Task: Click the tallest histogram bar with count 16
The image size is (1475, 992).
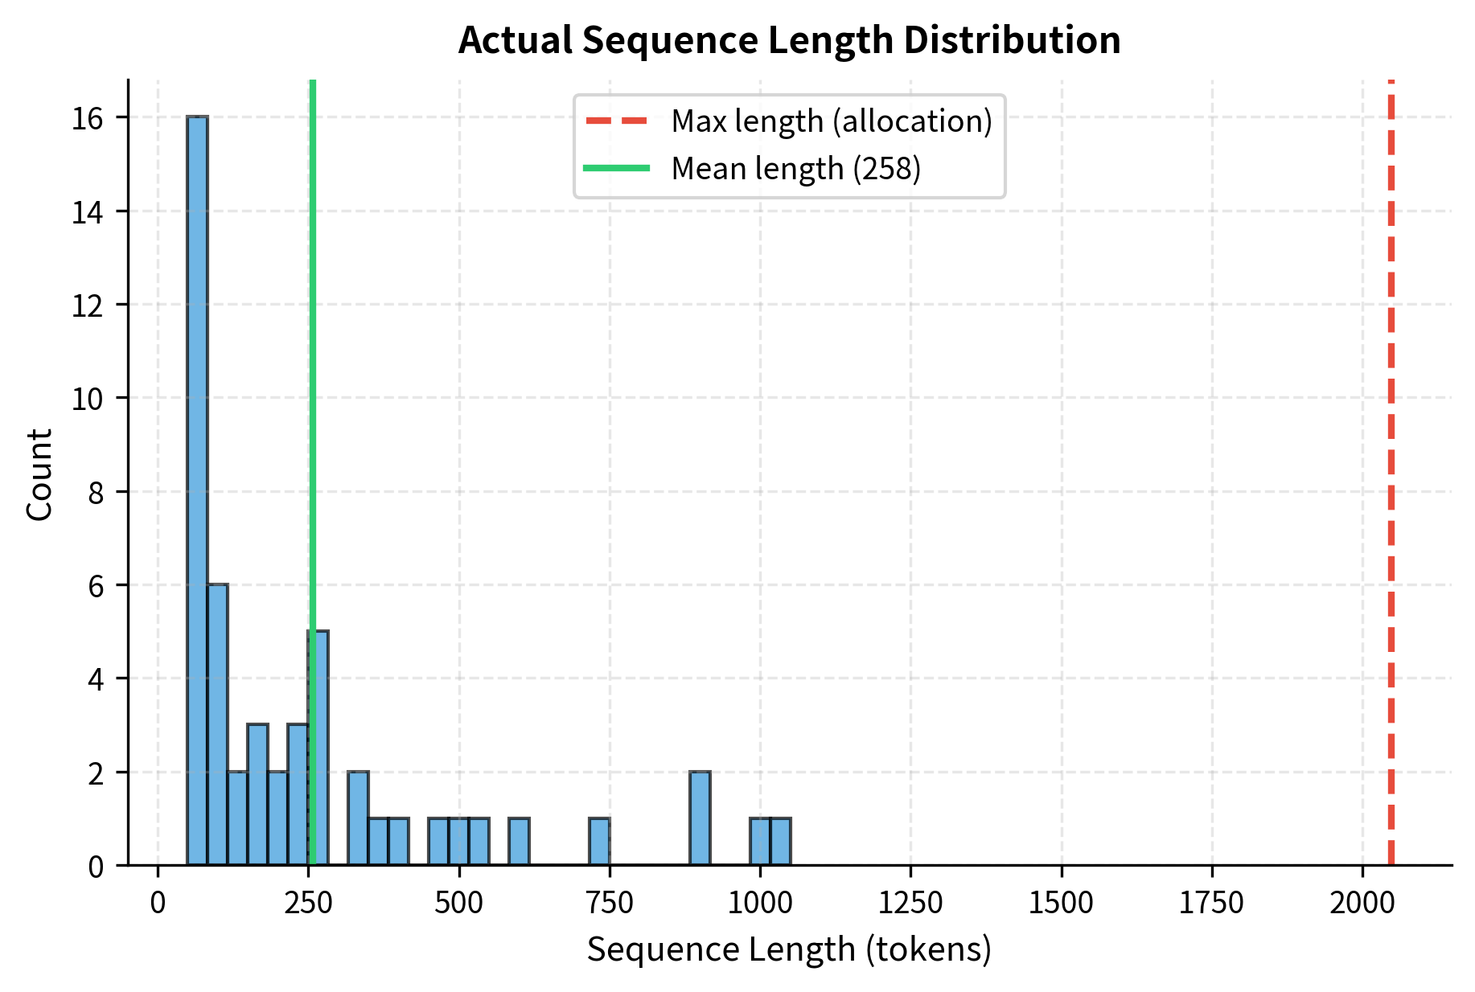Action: coord(197,490)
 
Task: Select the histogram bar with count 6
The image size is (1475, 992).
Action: coord(217,724)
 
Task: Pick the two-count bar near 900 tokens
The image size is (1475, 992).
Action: coord(700,818)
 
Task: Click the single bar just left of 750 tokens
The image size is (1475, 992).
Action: coord(599,842)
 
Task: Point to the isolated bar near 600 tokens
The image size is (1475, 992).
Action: coord(519,842)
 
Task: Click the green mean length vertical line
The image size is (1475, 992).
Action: coord(313,402)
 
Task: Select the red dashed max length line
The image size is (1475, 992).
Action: coord(1391,482)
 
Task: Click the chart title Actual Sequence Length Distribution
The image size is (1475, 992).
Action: coord(789,40)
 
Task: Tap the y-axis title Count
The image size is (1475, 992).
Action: coord(39,474)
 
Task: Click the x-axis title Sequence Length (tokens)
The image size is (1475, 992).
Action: coord(789,949)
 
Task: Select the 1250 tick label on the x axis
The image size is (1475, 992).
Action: coord(910,903)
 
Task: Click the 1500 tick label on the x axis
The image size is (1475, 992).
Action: coord(1061,903)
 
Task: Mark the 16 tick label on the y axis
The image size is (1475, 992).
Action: coord(88,119)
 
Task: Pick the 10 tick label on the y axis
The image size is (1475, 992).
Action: coord(88,399)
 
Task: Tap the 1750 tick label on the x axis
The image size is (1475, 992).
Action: coord(1211,903)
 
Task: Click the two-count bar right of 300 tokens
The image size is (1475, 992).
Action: coord(358,818)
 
